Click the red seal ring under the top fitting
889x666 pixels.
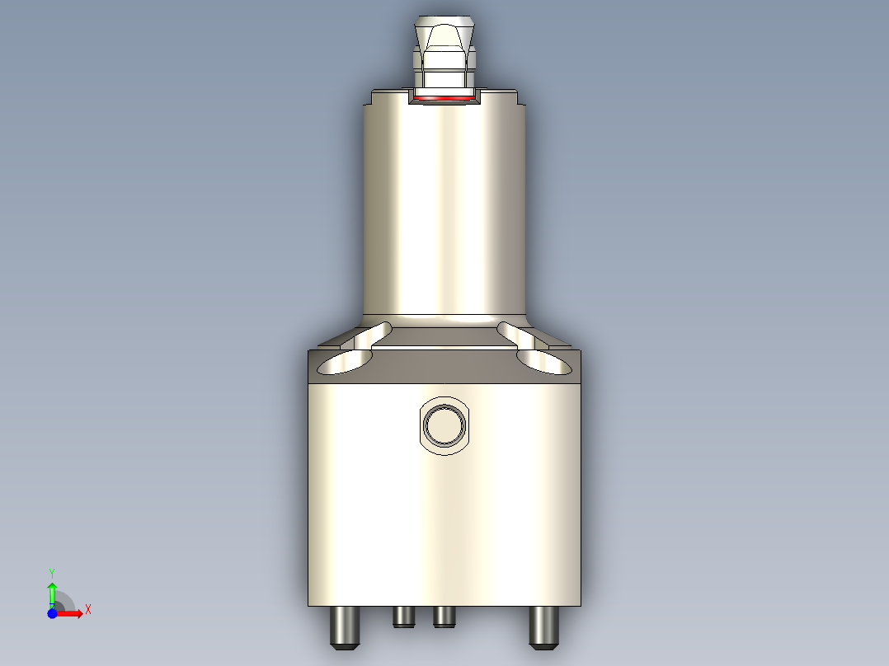coord(445,98)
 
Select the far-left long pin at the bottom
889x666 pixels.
coord(344,627)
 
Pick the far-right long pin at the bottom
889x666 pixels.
coord(542,627)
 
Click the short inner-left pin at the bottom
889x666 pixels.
coord(403,617)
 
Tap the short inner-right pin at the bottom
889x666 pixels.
coord(444,617)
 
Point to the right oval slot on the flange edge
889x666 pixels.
coord(544,362)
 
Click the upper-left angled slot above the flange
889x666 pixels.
coord(373,335)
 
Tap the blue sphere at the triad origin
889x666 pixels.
coord(52,613)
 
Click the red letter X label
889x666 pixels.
coord(88,610)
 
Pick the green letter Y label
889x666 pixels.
coord(52,572)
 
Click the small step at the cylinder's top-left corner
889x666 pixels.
coord(369,99)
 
